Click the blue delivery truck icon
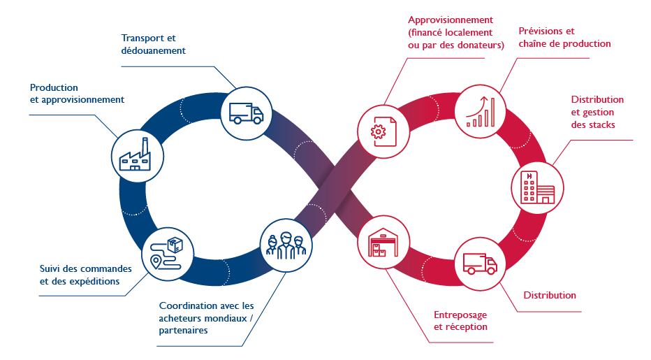tap(247, 112)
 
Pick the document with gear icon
tap(382, 130)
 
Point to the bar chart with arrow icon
tap(482, 111)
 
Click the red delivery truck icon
tap(480, 264)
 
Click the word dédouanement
tap(153, 50)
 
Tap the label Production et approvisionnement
tap(77, 94)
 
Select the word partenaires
tap(183, 331)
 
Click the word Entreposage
tap(460, 314)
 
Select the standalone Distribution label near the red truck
tap(550, 295)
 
